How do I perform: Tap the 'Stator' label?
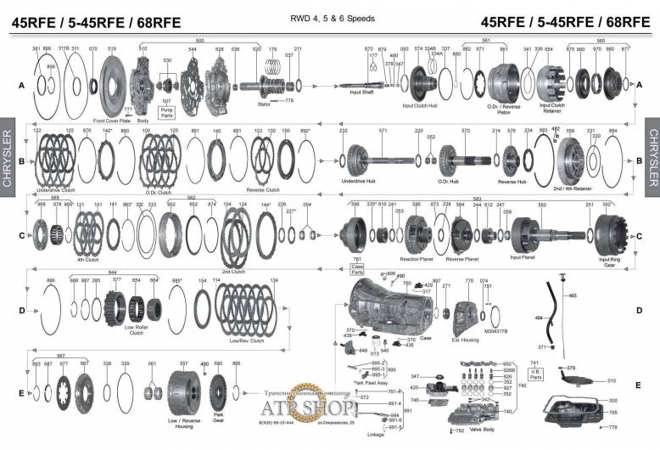(x=263, y=104)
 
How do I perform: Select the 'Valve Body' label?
(x=482, y=430)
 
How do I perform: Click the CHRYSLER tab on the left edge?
(x=8, y=158)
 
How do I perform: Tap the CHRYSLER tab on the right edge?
(x=652, y=158)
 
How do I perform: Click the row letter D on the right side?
(x=639, y=310)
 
